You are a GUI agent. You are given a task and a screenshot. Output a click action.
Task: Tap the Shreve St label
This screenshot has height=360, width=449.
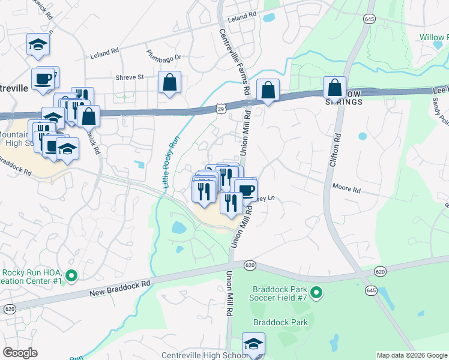130,77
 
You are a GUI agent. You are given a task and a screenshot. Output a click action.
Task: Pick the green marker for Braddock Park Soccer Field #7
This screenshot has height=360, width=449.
317,293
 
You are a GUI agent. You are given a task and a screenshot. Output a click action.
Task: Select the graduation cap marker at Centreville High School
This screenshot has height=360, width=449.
253,344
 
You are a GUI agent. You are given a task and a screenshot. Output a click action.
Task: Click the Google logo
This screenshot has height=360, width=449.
20,353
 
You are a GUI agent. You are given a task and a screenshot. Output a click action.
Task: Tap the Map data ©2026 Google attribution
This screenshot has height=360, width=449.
412,355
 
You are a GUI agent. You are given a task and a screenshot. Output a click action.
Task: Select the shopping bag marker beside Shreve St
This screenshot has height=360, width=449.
170,82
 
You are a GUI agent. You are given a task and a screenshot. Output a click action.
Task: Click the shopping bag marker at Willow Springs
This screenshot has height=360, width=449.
334,87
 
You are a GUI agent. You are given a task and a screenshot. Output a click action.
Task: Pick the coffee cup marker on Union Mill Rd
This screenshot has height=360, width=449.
246,191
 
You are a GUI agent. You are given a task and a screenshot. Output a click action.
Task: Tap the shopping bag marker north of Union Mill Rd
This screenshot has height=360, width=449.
268,90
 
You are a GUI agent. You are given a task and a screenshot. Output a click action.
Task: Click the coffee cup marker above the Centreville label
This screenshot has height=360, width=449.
43,80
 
